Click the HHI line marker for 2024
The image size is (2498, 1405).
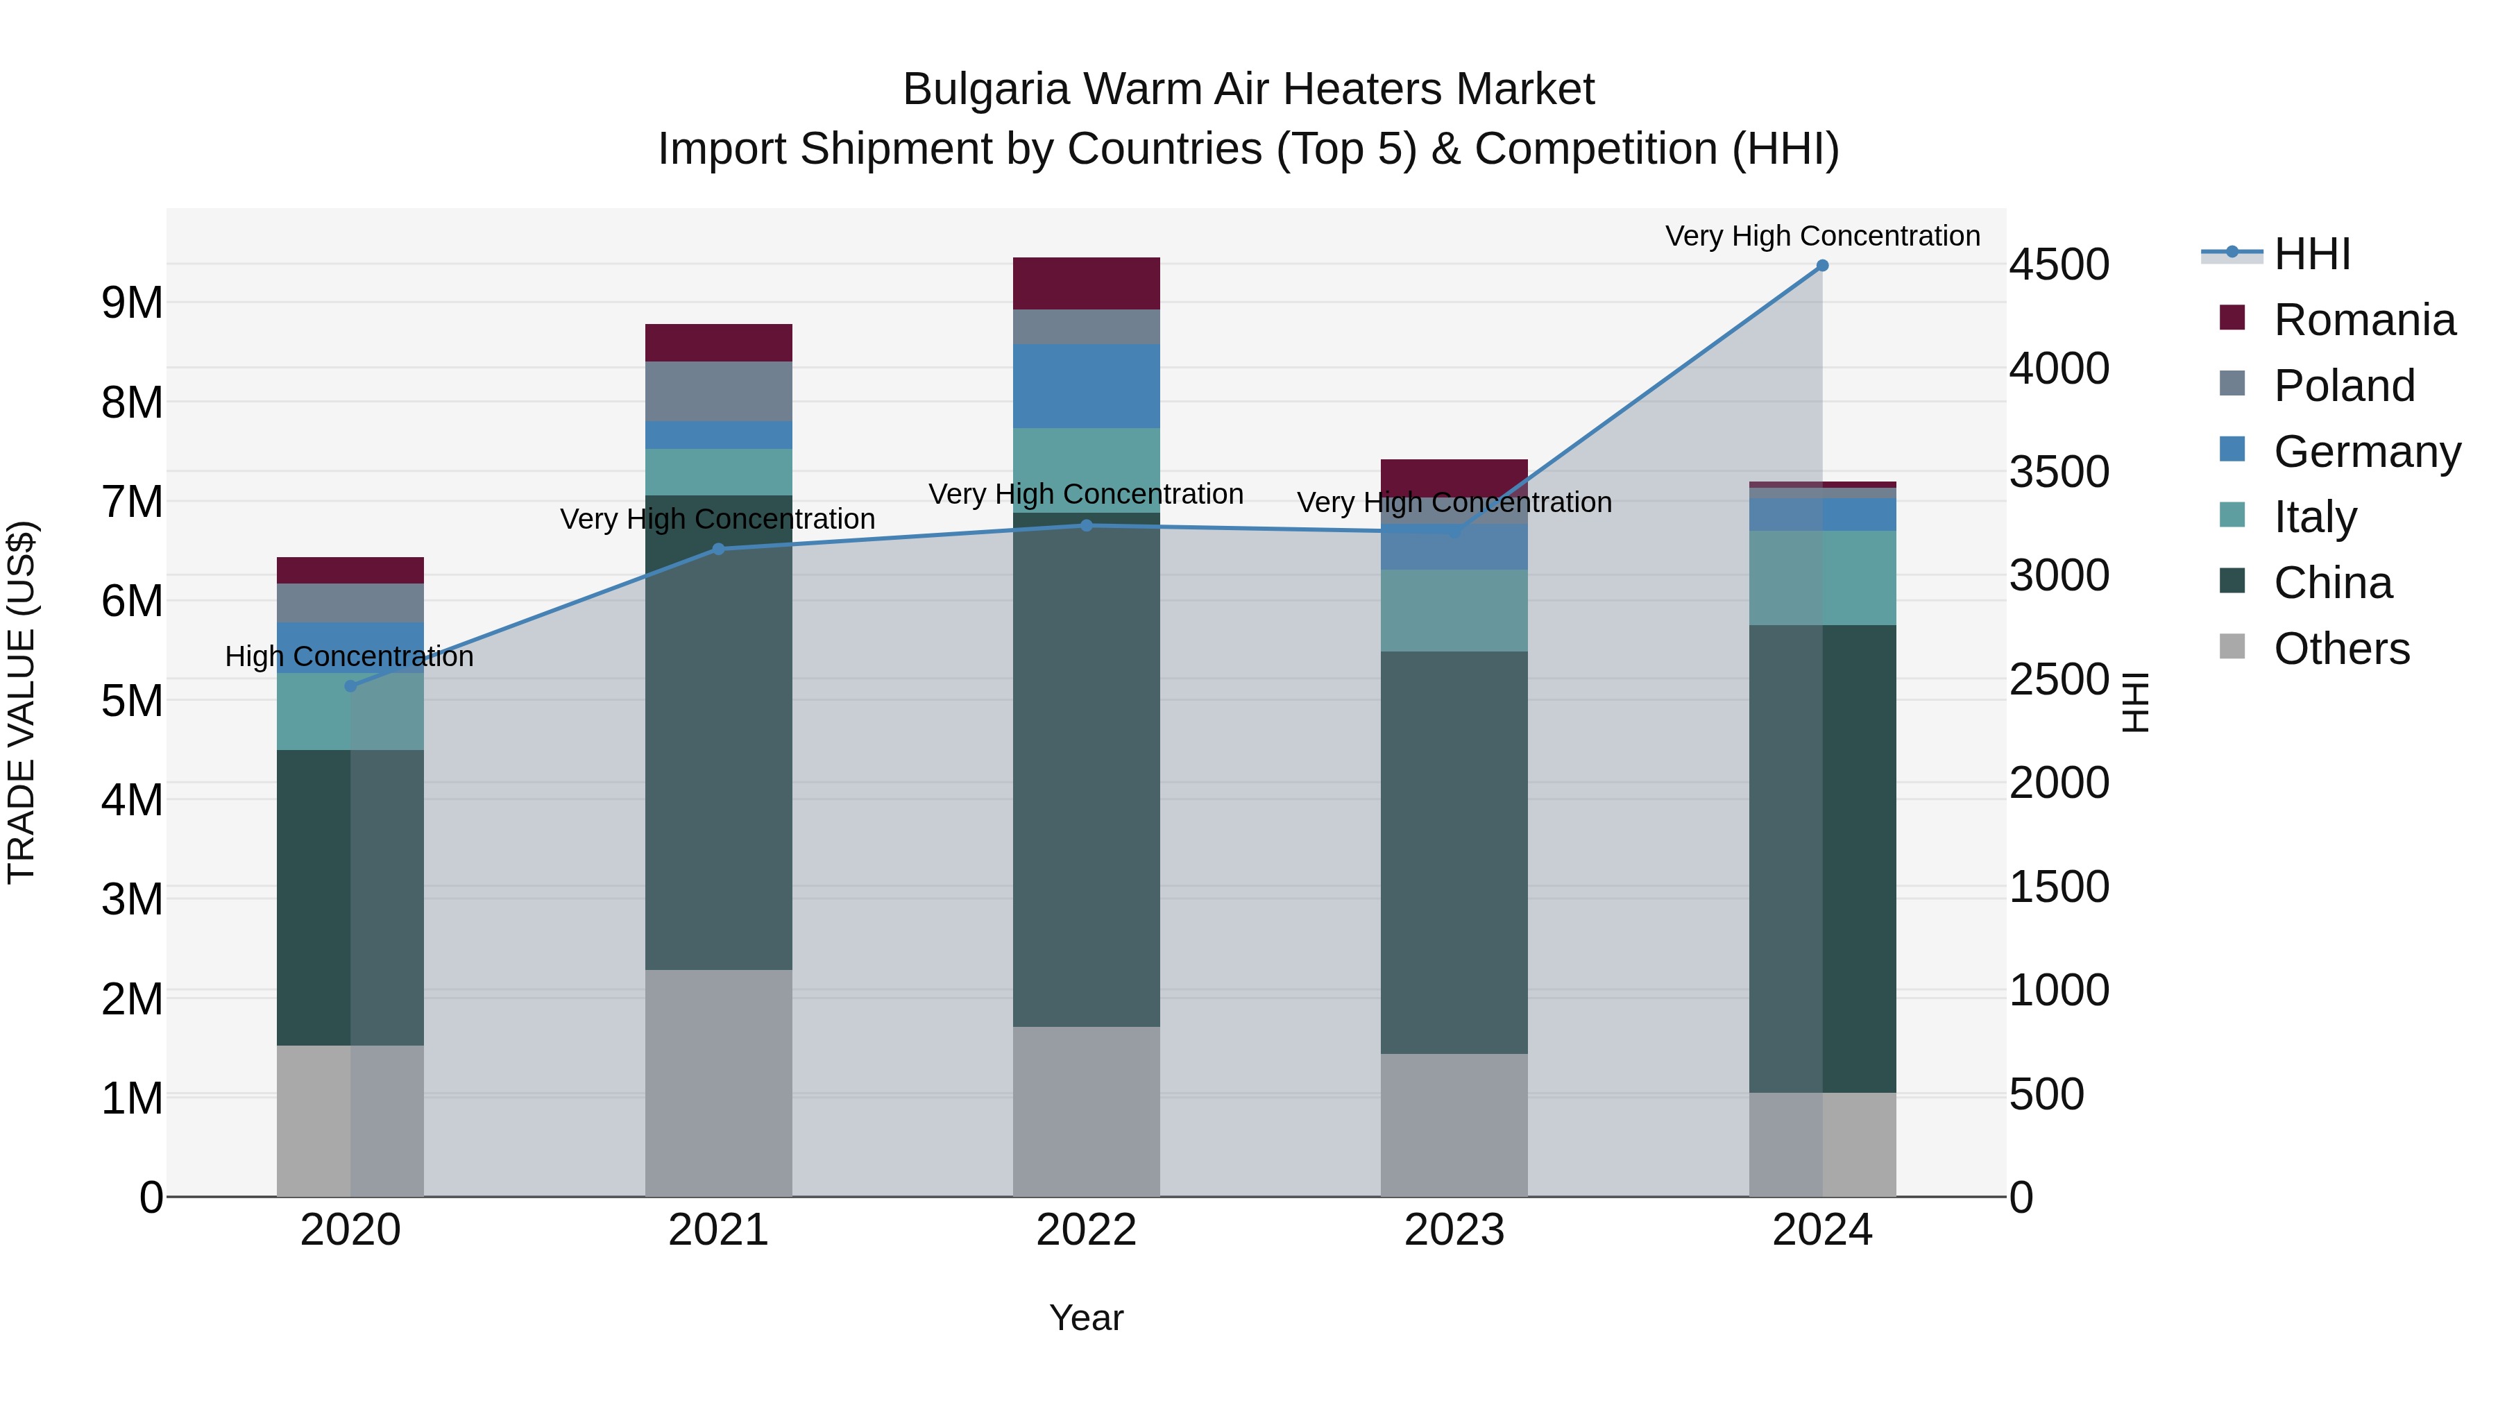click(x=1822, y=266)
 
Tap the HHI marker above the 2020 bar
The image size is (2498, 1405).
click(x=350, y=686)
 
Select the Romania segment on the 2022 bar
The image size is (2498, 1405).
click(x=1086, y=283)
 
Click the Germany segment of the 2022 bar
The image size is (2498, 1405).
click(x=1086, y=386)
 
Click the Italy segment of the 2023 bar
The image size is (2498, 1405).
click(x=1454, y=610)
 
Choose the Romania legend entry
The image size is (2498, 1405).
click(x=2363, y=320)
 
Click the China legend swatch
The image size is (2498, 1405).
click(x=2232, y=582)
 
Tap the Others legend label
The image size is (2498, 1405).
click(x=2341, y=649)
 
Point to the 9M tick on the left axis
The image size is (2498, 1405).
click(x=132, y=303)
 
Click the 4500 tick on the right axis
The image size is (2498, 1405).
click(x=2059, y=265)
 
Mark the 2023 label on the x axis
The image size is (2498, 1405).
click(x=1454, y=1230)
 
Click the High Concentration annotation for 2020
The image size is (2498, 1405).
click(x=349, y=656)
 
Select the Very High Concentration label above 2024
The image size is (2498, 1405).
click(x=1822, y=236)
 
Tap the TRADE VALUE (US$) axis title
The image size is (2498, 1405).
click(x=22, y=702)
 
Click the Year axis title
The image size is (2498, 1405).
click(x=1086, y=1318)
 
